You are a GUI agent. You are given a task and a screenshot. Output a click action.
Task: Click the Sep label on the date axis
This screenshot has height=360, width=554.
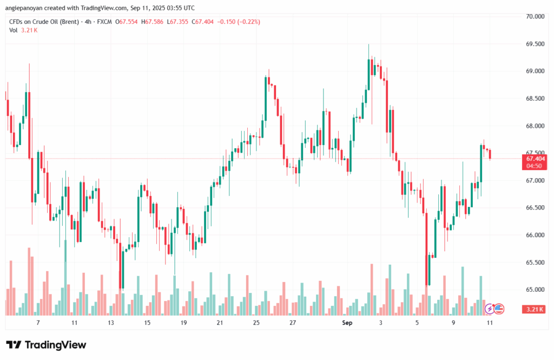click(x=347, y=323)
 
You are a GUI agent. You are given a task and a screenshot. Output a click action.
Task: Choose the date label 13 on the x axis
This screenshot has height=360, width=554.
click(x=111, y=323)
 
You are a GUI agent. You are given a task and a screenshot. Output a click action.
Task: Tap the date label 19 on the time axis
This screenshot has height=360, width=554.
click(x=183, y=323)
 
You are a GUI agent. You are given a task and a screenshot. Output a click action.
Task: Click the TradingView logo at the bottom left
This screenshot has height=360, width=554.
click(x=46, y=345)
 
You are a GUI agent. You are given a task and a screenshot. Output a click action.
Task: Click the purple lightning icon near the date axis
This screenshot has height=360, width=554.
click(x=490, y=309)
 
